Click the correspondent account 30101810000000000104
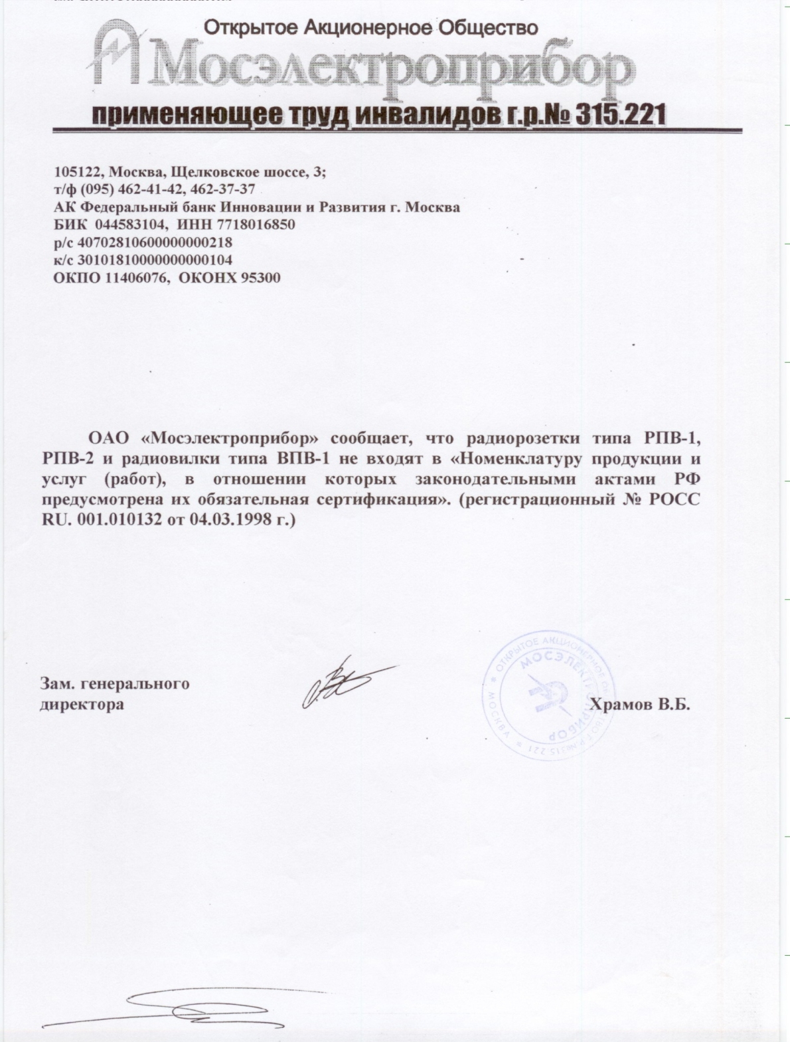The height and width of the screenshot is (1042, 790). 155,260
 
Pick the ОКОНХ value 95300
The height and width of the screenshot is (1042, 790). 260,278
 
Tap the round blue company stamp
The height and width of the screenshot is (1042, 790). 550,694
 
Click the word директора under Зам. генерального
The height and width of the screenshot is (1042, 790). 82,704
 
